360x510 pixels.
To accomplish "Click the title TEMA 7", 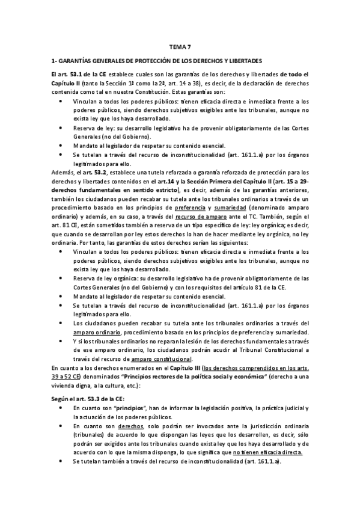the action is tap(180, 46).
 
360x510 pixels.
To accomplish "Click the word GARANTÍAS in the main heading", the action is tap(78, 61).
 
